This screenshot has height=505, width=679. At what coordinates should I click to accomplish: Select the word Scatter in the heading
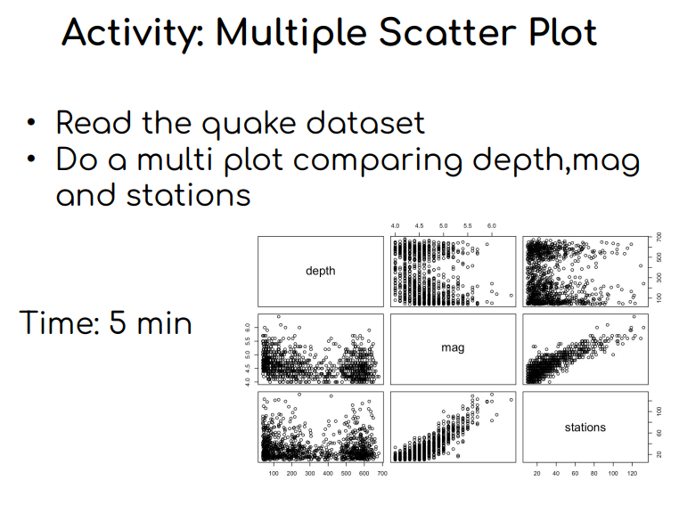[x=447, y=32]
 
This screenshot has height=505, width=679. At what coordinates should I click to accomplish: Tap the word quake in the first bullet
[x=249, y=124]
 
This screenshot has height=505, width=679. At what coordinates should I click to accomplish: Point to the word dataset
[x=365, y=123]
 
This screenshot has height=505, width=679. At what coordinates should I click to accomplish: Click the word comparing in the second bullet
[x=378, y=161]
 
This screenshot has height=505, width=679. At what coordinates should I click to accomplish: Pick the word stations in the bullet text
[x=188, y=195]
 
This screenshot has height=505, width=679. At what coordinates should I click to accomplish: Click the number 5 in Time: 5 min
[x=118, y=322]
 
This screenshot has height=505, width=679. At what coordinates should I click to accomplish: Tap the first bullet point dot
[x=31, y=122]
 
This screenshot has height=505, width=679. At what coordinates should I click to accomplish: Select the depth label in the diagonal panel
[x=321, y=271]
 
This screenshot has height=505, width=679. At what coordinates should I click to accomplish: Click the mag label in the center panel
[x=453, y=347]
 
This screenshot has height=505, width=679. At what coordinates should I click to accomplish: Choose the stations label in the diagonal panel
[x=585, y=428]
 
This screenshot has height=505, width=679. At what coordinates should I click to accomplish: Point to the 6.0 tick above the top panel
[x=492, y=226]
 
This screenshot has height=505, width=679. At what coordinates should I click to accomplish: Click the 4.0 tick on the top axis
[x=395, y=226]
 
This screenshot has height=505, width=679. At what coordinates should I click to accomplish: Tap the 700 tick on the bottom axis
[x=382, y=474]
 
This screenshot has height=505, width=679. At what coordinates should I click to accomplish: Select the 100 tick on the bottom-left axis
[x=274, y=474]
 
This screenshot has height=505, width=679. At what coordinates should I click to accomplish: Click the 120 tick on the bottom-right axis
[x=632, y=474]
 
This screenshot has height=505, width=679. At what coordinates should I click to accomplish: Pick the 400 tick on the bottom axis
[x=328, y=474]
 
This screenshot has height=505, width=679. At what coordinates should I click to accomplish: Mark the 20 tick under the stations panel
[x=537, y=474]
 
